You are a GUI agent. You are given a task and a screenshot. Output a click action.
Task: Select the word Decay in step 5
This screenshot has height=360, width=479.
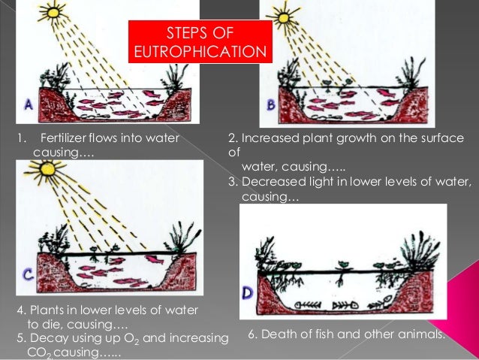(x=44, y=337)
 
